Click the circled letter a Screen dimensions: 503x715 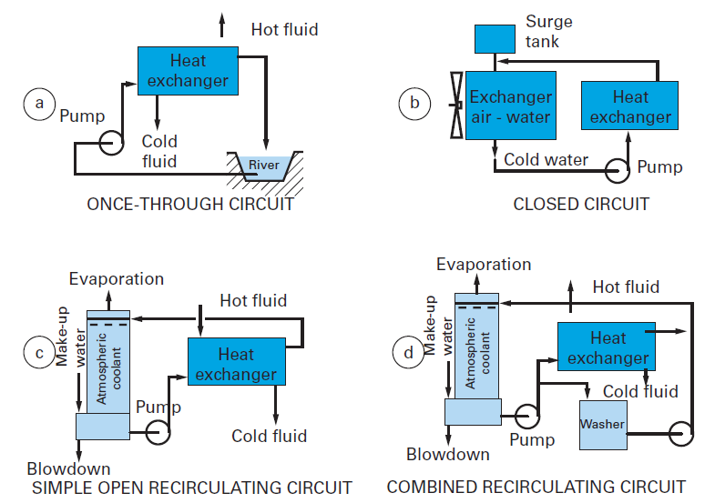(38, 104)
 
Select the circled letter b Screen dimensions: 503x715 (414, 104)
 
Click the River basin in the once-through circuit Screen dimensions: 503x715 (263, 165)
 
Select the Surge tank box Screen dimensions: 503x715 (495, 39)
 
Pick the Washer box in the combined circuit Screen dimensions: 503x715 (603, 425)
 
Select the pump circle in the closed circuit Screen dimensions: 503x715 (620, 168)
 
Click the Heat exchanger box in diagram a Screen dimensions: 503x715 (188, 71)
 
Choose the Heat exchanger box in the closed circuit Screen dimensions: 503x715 (629, 107)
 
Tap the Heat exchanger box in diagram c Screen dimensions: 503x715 (236, 363)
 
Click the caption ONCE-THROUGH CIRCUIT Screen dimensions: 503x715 (190, 204)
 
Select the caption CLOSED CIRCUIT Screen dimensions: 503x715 (581, 204)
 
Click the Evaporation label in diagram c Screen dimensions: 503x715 (117, 279)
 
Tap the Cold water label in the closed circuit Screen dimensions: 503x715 (546, 160)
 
